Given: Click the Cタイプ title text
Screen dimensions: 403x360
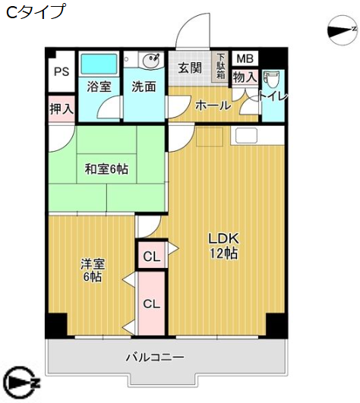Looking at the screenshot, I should click(36, 12).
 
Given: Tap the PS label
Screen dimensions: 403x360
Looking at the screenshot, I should click(61, 72).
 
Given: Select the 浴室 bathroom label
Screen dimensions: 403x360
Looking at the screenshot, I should click(99, 87).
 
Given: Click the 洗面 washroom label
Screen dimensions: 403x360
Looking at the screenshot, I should click(144, 87).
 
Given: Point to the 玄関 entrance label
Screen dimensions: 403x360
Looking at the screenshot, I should click(190, 68).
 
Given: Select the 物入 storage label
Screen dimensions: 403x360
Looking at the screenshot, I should click(245, 77).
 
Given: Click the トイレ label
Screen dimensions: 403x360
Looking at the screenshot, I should click(272, 96).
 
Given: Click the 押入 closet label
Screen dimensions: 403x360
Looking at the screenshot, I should click(61, 109).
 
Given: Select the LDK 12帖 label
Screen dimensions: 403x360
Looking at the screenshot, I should click(223, 246).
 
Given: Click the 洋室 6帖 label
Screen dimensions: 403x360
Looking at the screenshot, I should click(93, 271).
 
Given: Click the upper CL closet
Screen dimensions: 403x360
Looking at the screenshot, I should click(152, 257).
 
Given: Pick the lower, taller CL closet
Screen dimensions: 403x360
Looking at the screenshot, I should click(152, 304).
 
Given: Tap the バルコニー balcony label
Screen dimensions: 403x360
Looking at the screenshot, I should click(155, 357).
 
